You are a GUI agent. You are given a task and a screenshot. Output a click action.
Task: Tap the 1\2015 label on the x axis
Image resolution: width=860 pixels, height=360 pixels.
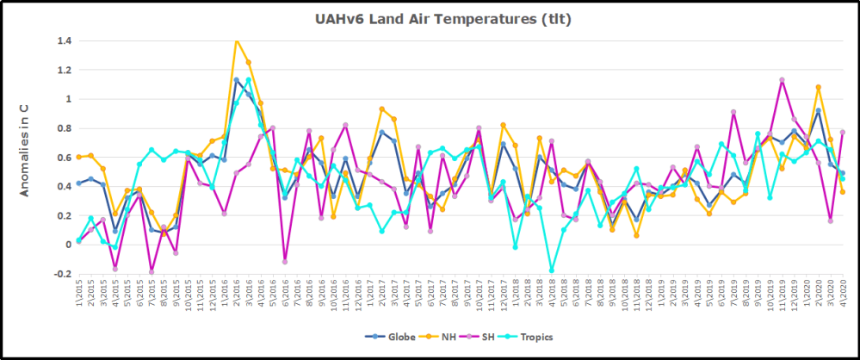click(x=79, y=294)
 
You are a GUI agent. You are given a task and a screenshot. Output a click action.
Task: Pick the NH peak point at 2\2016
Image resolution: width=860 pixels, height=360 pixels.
click(x=237, y=40)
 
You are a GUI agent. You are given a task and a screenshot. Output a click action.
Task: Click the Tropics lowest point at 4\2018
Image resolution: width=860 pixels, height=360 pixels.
click(x=551, y=270)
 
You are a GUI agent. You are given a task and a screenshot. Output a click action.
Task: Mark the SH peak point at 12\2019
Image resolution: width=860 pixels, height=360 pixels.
click(x=781, y=80)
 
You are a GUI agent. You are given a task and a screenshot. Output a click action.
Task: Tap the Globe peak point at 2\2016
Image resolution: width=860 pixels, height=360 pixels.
click(x=237, y=80)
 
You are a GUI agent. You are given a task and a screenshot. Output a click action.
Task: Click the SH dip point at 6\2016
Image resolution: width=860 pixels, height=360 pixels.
click(x=285, y=261)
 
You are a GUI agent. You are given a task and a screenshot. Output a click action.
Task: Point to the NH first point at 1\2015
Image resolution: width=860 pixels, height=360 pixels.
click(x=79, y=157)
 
